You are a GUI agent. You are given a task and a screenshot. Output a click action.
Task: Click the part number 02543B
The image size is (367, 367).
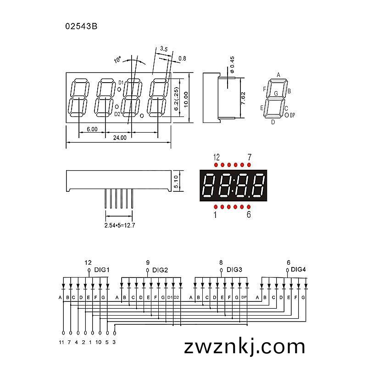coord(81,26)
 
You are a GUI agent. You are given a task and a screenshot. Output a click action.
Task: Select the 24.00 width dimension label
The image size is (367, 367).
coord(120,138)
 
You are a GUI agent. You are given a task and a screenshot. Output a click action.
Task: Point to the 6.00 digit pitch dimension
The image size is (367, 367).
coord(92,129)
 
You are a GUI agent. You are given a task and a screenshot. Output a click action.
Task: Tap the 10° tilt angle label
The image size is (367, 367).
coord(117,60)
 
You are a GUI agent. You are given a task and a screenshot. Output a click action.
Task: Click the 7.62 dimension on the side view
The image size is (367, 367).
coord(243,98)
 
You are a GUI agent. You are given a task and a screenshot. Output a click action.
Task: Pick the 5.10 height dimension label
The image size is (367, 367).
coord(176,182)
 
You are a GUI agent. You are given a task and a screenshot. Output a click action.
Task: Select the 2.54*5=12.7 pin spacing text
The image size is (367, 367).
coord(120,225)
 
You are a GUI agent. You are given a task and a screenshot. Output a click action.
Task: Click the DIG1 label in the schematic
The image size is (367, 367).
coord(102,270)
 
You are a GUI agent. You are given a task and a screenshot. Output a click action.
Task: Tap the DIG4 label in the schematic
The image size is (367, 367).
coord(298,269)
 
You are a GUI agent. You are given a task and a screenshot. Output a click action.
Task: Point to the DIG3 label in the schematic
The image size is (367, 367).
coord(234,270)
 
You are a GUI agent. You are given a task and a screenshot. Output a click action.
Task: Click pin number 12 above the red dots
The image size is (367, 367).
coord(217,157)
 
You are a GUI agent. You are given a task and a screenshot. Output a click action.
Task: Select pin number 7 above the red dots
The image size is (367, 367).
coord(250,157)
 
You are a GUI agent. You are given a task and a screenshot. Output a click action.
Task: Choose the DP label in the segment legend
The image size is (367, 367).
coord(292,115)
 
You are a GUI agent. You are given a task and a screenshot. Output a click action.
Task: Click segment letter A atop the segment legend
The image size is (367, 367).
coord(278,75)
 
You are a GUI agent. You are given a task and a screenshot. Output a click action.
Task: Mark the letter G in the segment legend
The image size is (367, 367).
coord(276,94)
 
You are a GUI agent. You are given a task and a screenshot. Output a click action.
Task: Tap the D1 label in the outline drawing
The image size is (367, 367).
coord(121,83)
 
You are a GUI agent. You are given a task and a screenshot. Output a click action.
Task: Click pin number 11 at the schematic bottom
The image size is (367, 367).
coord(61,342)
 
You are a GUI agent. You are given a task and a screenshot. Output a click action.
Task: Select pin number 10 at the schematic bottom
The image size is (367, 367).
coord(98,342)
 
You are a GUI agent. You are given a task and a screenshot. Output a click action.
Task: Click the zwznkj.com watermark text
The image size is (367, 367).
coord(245,347)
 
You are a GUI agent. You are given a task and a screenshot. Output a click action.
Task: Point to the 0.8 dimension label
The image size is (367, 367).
coord(182,58)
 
